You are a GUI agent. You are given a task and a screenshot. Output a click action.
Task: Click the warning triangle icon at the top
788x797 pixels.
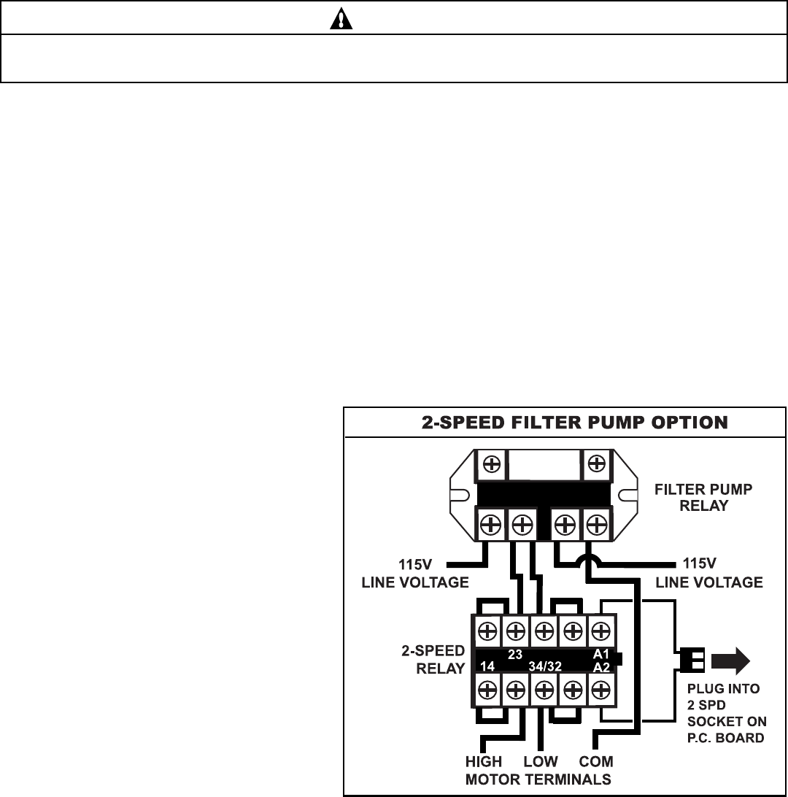point(341,18)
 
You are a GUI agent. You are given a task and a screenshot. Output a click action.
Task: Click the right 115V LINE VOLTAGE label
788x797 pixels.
point(709,574)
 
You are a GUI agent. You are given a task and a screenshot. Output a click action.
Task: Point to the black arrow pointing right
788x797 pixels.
point(730,661)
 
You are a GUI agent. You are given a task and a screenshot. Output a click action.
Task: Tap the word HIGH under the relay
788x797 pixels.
point(484,762)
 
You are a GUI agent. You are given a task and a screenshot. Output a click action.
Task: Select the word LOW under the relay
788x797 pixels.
point(541,762)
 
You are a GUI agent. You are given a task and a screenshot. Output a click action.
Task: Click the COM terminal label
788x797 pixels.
point(597,762)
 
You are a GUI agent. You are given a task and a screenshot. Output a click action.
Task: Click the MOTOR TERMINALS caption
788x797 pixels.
point(538,779)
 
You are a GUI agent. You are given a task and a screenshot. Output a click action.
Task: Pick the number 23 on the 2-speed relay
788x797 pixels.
point(515,655)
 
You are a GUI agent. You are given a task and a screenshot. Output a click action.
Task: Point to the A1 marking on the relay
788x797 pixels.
point(600,655)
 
